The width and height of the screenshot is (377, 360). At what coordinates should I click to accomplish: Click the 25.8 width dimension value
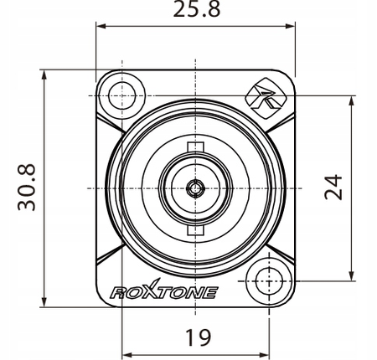click(195, 10)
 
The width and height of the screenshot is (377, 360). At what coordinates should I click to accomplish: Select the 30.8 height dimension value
click(26, 188)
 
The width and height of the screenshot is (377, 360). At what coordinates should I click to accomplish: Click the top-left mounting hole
click(122, 95)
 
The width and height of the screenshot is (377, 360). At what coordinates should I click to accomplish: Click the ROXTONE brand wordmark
click(163, 292)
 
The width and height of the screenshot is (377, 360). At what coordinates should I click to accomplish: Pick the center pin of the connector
click(195, 188)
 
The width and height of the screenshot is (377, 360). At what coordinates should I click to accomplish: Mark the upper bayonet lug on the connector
click(195, 148)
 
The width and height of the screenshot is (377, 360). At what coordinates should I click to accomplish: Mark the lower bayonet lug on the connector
click(195, 228)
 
